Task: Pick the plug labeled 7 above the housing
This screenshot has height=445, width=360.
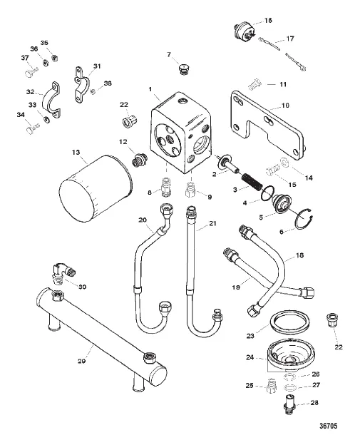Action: [x=184, y=69]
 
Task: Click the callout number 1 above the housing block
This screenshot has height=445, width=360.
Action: [x=149, y=90]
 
